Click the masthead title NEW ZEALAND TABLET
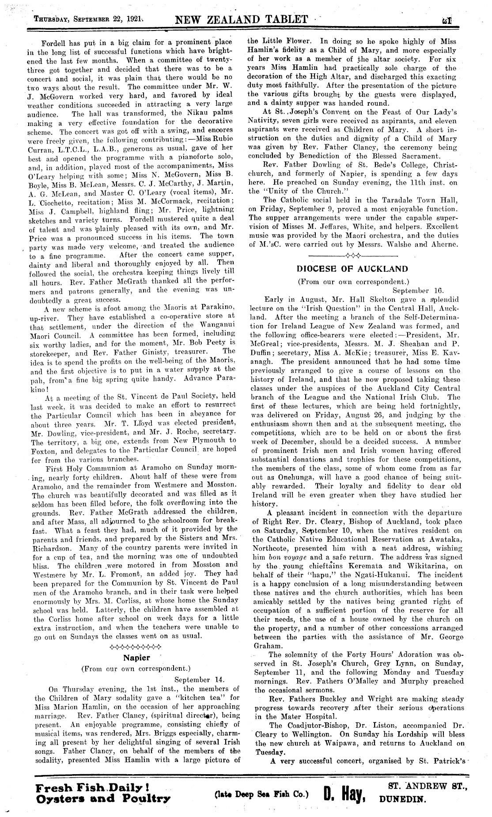pos(241,19)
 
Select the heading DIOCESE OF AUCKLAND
pos(352,269)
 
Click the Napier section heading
pos(136,657)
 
